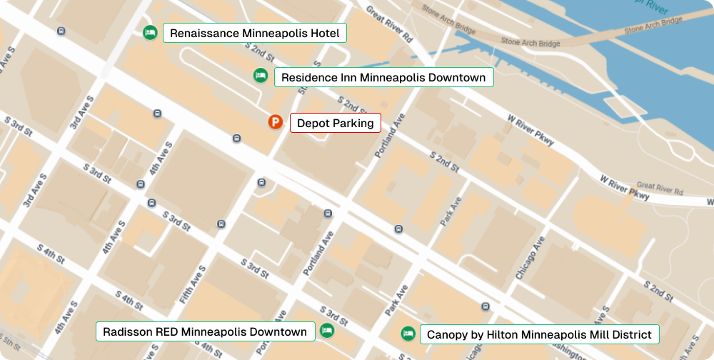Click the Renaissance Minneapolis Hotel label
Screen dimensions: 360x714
coord(255,33)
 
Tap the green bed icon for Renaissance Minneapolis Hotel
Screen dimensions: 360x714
coord(150,33)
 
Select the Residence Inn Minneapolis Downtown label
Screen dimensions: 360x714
coord(383,77)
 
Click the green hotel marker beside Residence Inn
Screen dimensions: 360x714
coord(261,75)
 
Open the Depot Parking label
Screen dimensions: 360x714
coord(335,123)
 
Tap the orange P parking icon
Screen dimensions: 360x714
coord(276,122)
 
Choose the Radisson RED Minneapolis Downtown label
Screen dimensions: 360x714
coord(205,331)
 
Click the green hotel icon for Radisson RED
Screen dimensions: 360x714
coord(327,330)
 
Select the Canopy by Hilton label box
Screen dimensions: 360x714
coord(538,334)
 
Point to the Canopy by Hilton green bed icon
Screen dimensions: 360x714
coord(408,333)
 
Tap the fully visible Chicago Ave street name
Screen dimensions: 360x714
coord(530,258)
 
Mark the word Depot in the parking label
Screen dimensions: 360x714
coord(312,123)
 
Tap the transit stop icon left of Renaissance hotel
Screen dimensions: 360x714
coord(61,31)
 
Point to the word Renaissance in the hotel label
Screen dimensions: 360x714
coord(204,33)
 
